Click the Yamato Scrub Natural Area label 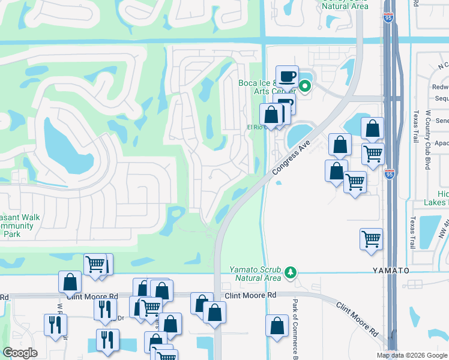pyautogui.click(x=255, y=274)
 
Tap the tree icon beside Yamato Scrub pyautogui.click(x=291, y=273)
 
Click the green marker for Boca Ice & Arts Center pyautogui.click(x=305, y=86)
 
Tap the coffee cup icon pyautogui.click(x=287, y=76)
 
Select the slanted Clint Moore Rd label pyautogui.click(x=357, y=319)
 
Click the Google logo pyautogui.click(x=20, y=353)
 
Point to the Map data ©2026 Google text pyautogui.click(x=412, y=355)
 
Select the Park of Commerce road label pyautogui.click(x=295, y=329)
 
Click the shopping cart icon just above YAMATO pyautogui.click(x=372, y=239)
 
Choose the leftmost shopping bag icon pyautogui.click(x=70, y=281)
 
